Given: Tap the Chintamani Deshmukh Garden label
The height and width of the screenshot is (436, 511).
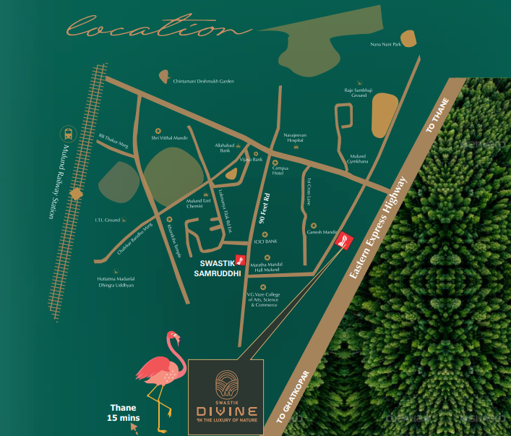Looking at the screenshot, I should coord(204,81).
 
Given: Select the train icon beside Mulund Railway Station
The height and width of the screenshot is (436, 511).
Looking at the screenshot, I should coord(68,133).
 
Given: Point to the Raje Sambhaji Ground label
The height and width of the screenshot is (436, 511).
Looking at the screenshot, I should coord(359,93).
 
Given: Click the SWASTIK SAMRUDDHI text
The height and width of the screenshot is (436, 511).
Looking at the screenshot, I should coord(219,269).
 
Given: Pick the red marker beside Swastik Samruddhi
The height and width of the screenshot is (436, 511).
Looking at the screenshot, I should coord(241,262).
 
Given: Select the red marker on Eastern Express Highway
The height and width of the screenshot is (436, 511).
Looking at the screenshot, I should coord(346,241).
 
